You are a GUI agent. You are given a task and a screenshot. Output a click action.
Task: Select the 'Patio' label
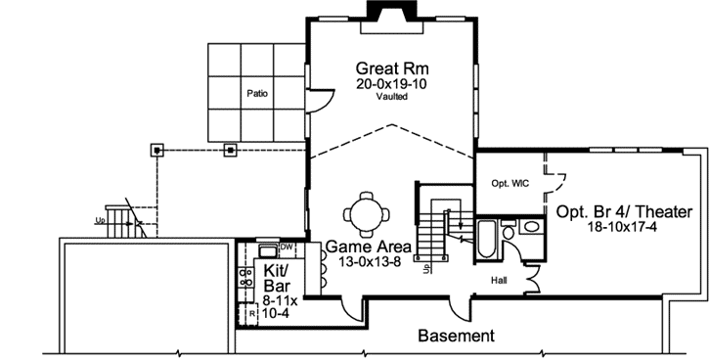[257, 94]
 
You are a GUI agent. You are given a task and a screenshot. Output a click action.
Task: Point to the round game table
[368, 211]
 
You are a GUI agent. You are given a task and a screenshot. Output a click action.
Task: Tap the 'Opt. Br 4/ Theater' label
[624, 212]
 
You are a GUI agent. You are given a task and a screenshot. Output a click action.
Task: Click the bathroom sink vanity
[529, 227]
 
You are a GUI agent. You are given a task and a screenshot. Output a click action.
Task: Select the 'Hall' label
[500, 280]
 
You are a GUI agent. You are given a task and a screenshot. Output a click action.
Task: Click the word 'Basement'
[456, 336]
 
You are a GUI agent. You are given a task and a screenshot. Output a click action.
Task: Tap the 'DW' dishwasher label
[286, 247]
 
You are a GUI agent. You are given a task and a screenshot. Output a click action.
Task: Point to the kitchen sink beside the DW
[267, 249]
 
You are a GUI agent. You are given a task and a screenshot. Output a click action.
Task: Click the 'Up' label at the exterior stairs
[100, 220]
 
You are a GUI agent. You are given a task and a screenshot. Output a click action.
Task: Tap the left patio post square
[156, 150]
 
